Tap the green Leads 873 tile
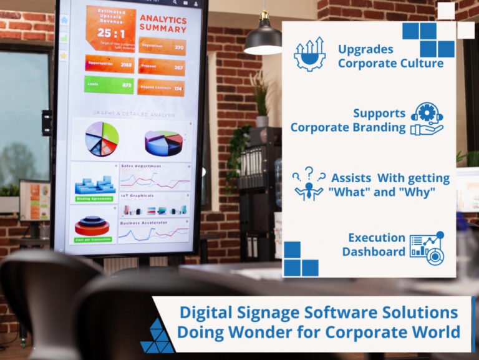(109, 85)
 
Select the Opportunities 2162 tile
(109, 64)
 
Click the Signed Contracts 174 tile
(161, 87)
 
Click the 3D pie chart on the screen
(163, 143)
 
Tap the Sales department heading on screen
(141, 166)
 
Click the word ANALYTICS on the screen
(163, 19)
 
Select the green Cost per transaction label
(94, 239)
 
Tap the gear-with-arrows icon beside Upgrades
(310, 54)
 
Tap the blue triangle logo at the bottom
(157, 337)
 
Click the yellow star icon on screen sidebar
(64, 55)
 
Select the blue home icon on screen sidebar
(64, 20)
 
